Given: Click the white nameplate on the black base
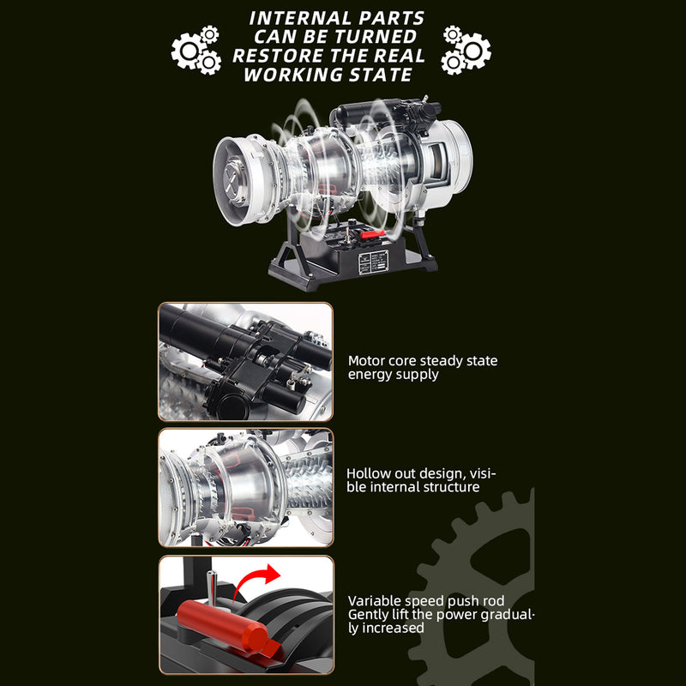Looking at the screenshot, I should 373,262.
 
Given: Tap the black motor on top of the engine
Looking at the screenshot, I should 377,117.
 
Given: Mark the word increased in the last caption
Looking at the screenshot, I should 392,628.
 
